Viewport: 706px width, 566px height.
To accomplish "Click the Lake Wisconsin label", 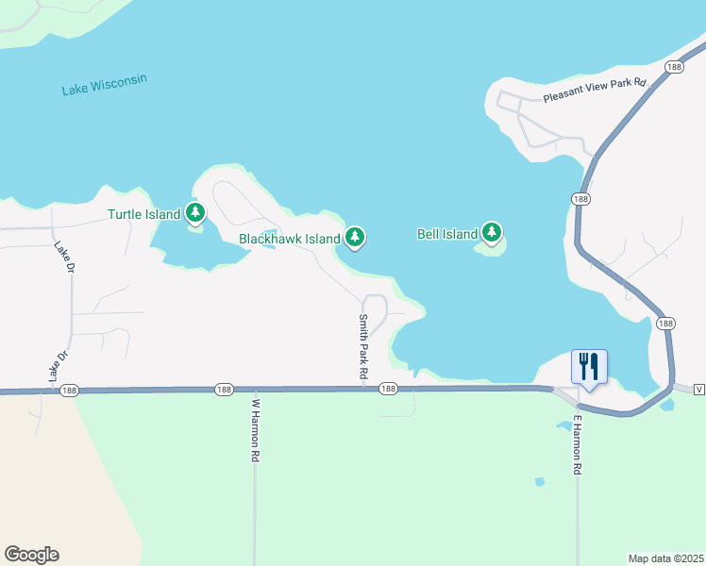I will [x=105, y=85].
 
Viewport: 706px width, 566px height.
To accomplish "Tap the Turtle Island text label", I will [x=143, y=214].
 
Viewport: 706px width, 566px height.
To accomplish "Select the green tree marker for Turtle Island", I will [x=195, y=213].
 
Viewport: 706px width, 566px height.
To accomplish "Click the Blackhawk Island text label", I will [x=289, y=240].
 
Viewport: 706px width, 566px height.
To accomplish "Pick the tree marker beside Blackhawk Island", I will [x=355, y=238].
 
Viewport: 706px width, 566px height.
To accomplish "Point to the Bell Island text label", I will [x=447, y=234].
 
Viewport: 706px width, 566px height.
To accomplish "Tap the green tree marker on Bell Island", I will [x=491, y=232].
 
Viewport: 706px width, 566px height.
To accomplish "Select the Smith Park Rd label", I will [x=361, y=347].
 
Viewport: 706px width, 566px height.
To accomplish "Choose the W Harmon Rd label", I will [x=255, y=429].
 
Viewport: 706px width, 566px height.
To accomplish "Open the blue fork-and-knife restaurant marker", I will [x=589, y=366].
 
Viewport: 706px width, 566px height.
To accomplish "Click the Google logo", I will [x=31, y=555].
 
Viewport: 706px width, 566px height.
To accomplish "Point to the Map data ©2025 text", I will [x=664, y=558].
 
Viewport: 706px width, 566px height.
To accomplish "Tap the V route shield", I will [x=698, y=389].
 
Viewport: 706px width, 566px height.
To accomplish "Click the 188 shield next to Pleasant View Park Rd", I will [x=673, y=67].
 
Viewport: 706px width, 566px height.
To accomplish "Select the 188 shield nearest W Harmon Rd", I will [x=224, y=389].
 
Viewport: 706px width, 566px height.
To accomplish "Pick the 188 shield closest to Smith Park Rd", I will [x=387, y=389].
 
